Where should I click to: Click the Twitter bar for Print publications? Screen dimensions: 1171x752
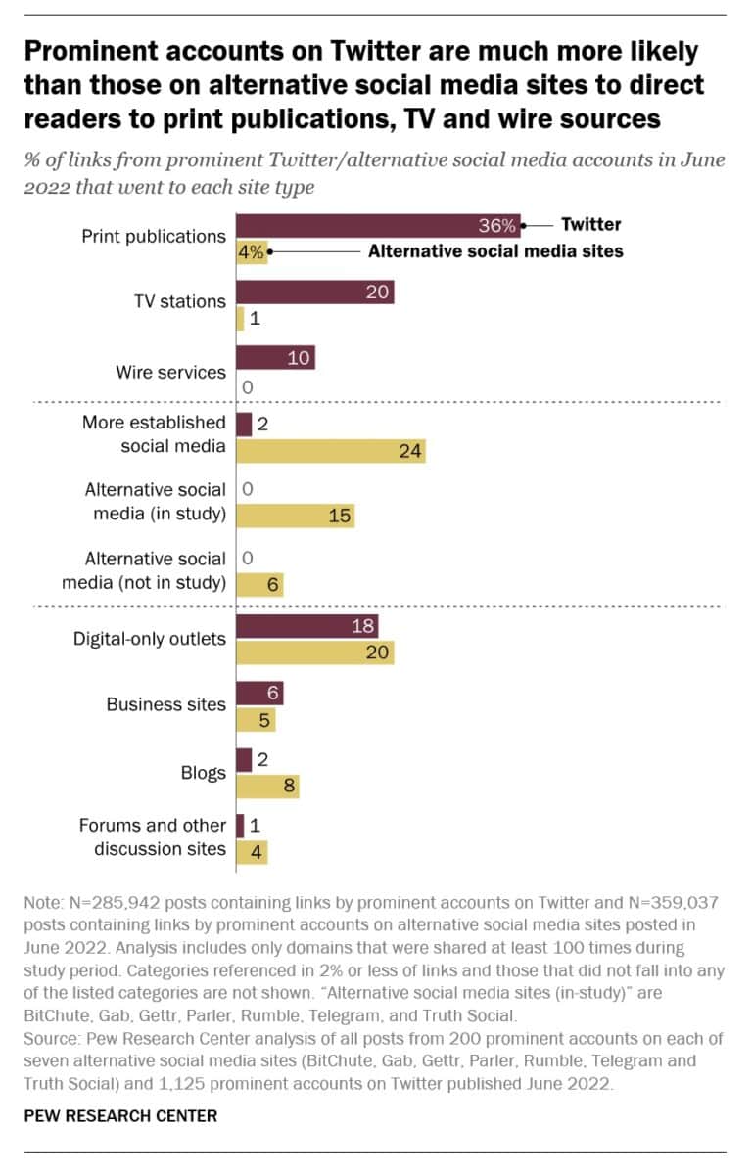point(378,225)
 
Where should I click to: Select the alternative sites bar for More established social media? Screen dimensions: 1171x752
point(330,449)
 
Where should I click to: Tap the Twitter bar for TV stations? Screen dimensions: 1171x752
point(314,292)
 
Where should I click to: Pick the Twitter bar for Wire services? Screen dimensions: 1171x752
point(275,358)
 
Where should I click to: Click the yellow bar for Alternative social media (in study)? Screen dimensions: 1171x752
point(295,516)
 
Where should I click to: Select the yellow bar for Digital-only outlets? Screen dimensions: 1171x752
point(314,652)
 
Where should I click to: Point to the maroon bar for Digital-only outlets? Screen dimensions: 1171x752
point(306,627)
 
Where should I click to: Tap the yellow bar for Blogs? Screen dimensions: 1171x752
point(267,786)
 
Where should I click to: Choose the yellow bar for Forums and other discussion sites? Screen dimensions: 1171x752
point(252,851)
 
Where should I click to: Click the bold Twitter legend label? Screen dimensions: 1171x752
point(590,224)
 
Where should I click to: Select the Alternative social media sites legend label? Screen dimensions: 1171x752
point(495,251)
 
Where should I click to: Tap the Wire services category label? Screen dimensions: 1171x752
point(170,372)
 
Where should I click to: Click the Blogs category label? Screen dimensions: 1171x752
point(204,772)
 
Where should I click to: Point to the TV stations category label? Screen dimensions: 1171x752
point(179,301)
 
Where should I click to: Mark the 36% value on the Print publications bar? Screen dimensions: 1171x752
point(496,225)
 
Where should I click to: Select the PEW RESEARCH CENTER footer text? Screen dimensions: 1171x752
point(120,1115)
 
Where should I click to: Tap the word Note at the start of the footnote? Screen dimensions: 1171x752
point(42,907)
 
